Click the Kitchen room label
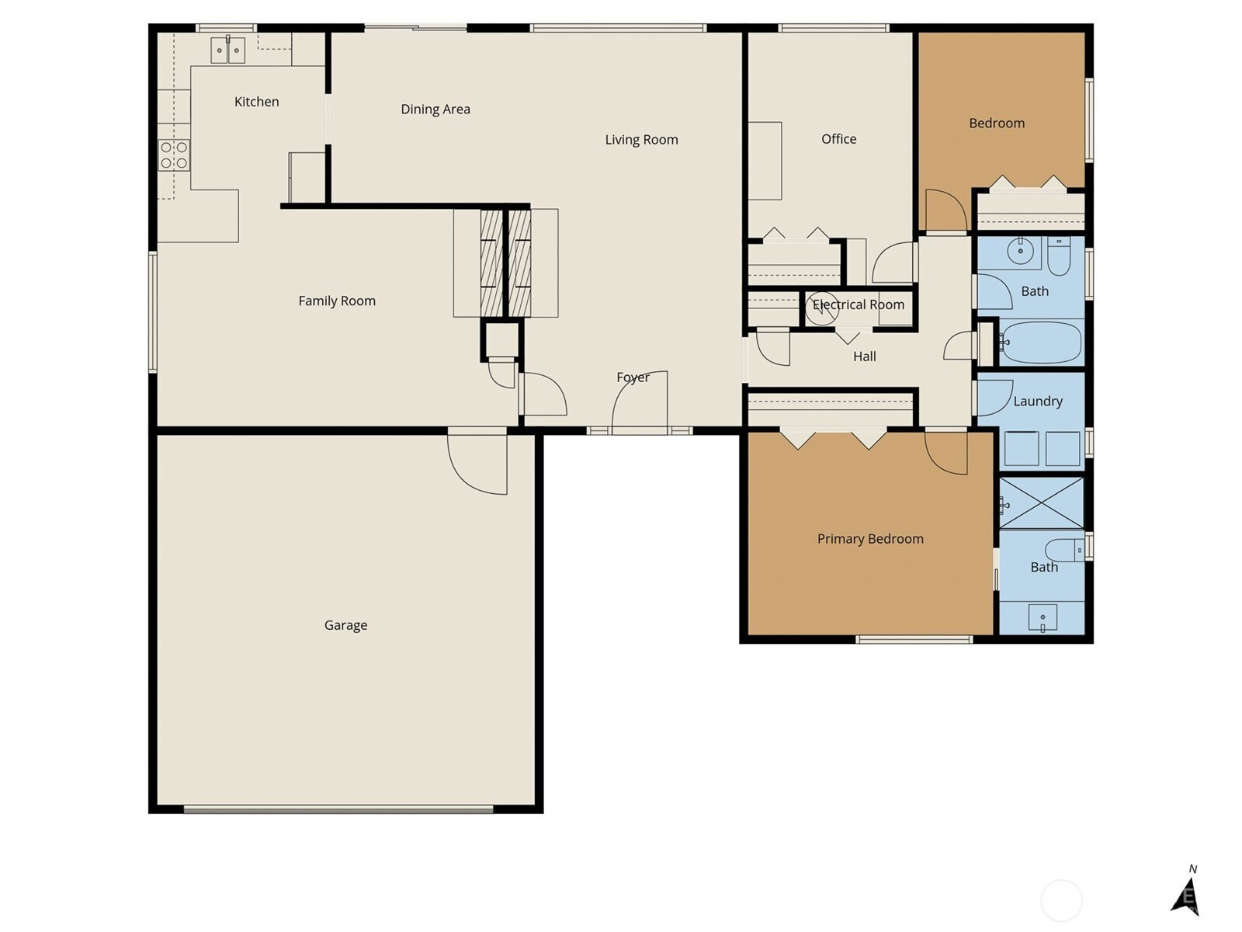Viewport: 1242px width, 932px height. pos(256,102)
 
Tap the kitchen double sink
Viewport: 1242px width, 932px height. pos(228,50)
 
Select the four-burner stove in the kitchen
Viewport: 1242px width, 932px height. pos(174,155)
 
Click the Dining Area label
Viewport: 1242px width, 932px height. pos(435,110)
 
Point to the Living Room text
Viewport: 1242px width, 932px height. pos(641,140)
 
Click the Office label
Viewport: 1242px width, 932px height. pos(838,139)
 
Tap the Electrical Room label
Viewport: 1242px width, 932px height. pos(859,304)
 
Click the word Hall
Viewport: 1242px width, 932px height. pos(864,356)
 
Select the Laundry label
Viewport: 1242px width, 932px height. pos(1038,402)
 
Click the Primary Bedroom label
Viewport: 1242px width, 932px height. pos(870,539)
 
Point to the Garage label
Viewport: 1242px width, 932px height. pos(345,625)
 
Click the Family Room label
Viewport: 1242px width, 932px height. pos(337,301)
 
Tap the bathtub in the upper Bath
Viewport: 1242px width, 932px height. pos(1041,343)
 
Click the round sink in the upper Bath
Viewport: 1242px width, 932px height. pos(1020,251)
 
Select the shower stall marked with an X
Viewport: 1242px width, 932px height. pos(1041,503)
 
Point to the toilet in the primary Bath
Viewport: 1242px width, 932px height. pos(1063,550)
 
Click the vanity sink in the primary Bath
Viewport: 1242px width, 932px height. pos(1043,617)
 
